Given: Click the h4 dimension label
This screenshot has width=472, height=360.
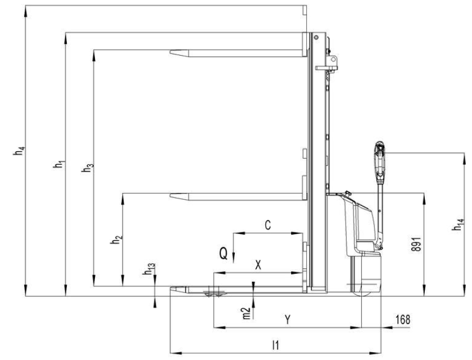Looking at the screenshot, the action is point(19,151).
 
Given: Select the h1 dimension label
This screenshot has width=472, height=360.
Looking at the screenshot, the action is point(59,164).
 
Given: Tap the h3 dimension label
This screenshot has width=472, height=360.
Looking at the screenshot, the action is point(88,168).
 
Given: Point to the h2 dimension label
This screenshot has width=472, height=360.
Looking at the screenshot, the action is point(116,240).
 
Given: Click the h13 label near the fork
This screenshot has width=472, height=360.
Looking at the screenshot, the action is point(149,269).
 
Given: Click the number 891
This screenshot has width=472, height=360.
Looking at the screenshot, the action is point(416,244).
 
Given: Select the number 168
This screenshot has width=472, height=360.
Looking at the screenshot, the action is point(403,319).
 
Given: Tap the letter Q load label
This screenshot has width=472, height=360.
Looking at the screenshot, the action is point(224,253).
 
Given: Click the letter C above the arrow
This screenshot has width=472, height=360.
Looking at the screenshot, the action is point(267,225).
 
